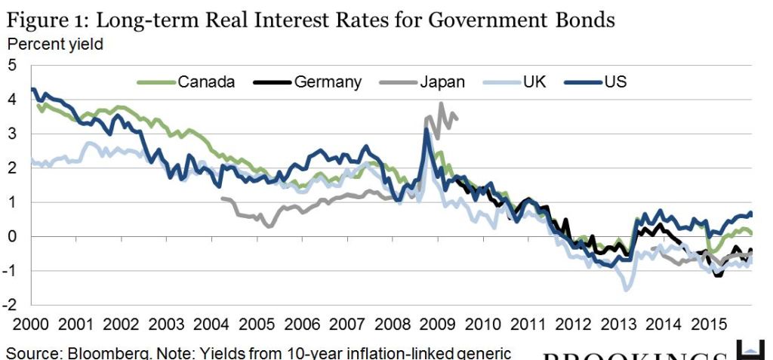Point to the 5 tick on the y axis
click(11, 66)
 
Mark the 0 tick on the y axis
click(11, 237)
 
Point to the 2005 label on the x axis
click(256, 325)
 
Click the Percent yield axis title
click(55, 44)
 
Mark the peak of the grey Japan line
click(442, 103)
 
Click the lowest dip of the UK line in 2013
click(627, 290)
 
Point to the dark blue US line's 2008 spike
click(427, 130)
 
